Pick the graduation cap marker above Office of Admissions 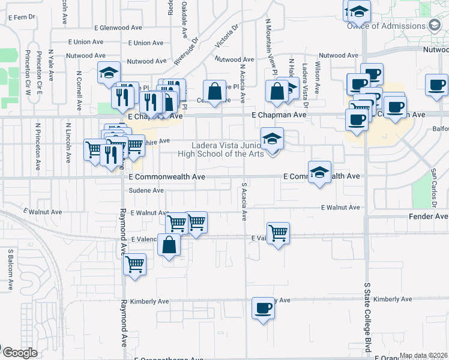pyautogui.click(x=359, y=11)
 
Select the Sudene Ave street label pyautogui.click(x=146, y=191)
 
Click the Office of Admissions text pyautogui.click(x=386, y=26)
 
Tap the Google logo pyautogui.click(x=20, y=353)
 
